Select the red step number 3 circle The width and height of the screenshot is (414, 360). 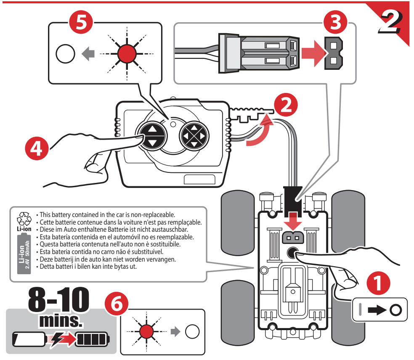coord(336,22)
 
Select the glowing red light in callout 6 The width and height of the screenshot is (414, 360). coord(146,331)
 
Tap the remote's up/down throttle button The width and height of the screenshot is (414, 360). coord(151,135)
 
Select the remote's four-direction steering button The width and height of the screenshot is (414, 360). coord(194,135)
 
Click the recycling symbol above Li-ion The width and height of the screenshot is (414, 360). coord(24,218)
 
